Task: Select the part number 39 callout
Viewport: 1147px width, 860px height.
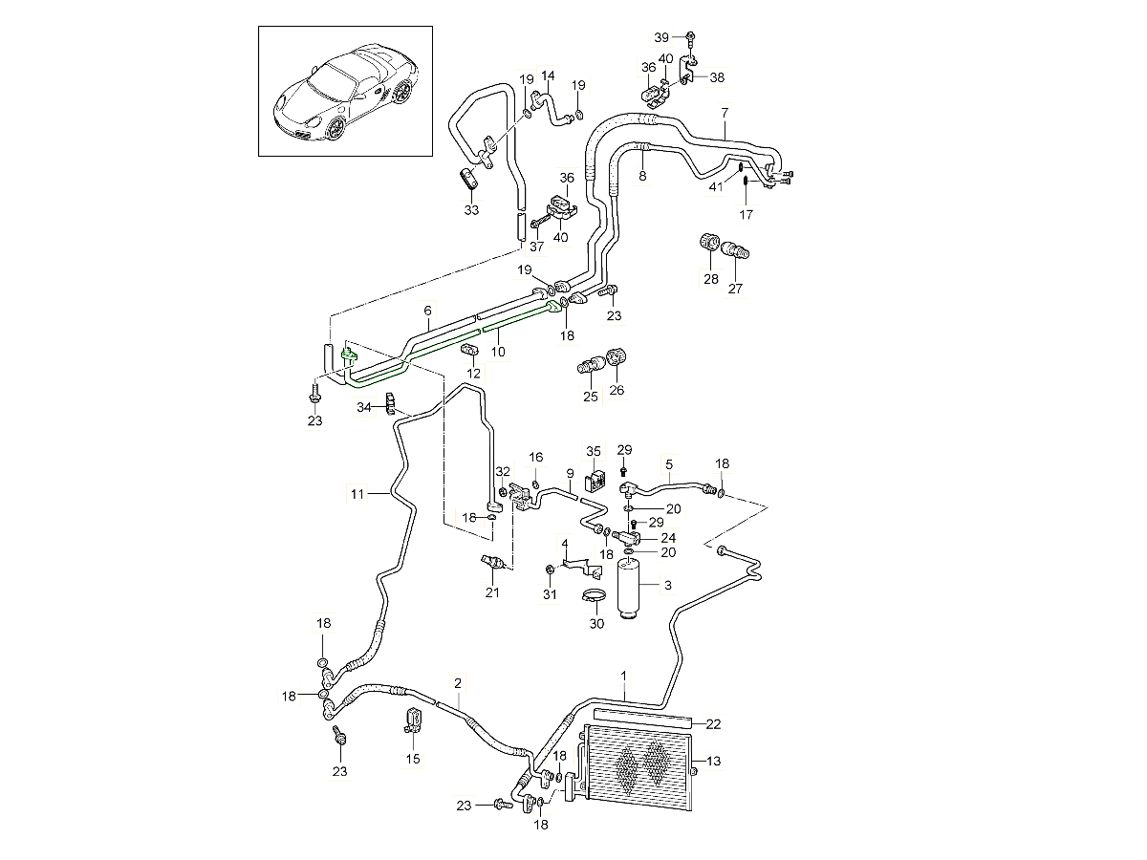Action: tap(661, 36)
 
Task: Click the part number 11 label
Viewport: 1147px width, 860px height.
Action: tap(357, 493)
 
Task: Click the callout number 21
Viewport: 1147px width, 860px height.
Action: tap(492, 593)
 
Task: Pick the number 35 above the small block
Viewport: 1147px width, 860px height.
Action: tap(594, 451)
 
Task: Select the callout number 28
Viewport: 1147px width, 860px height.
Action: tap(710, 278)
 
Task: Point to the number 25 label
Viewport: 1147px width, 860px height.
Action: tap(591, 397)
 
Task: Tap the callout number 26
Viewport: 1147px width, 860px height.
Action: tap(617, 390)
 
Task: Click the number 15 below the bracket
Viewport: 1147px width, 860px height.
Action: tap(413, 760)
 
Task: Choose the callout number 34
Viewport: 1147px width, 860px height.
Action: tap(364, 408)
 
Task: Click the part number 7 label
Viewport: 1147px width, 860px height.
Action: tap(725, 112)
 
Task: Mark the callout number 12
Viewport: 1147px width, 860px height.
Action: tap(475, 373)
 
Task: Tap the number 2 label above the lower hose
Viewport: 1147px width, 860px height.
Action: tap(458, 683)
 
